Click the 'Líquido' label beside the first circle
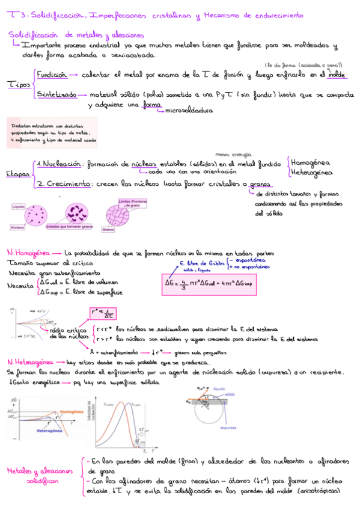[x=18, y=206]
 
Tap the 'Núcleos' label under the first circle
[x=18, y=228]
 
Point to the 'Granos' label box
[x=109, y=230]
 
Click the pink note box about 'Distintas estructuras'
[x=45, y=132]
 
